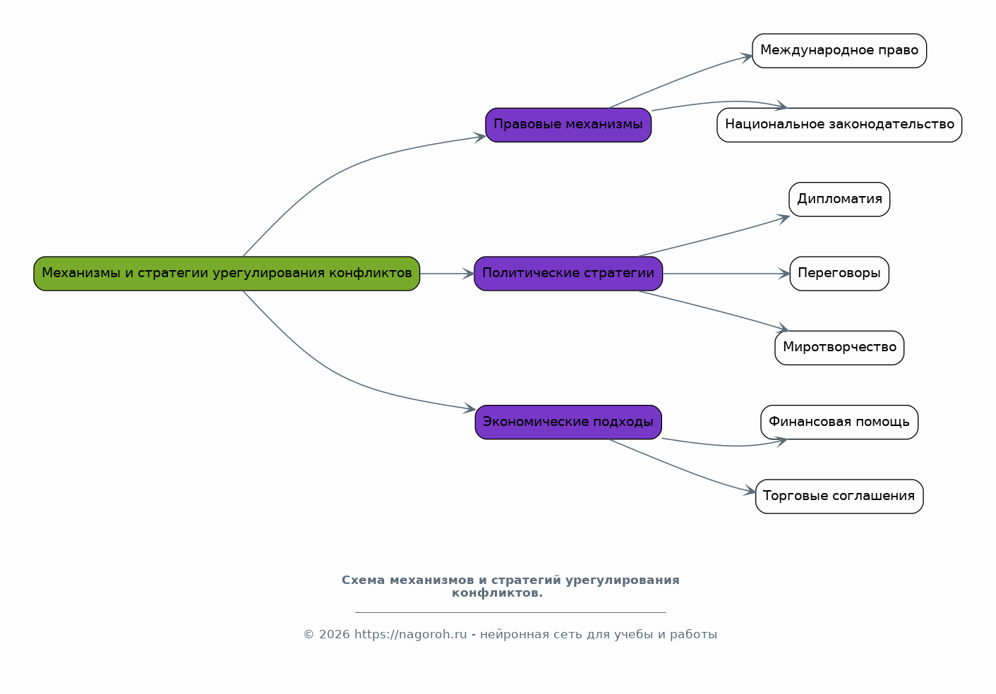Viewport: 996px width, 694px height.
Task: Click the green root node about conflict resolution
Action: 227,274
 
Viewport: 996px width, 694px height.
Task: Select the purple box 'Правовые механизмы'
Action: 568,125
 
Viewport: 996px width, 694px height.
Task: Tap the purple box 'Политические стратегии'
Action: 568,274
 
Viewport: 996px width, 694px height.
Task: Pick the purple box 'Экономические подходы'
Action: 568,422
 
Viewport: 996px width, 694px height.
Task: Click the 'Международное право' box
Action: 839,51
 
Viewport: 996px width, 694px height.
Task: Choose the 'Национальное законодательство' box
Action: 839,125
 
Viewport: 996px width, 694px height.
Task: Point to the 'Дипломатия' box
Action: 839,200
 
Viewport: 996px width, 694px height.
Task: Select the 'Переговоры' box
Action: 839,274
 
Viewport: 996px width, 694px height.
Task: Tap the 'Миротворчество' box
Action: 839,348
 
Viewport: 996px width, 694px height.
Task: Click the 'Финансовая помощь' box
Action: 839,422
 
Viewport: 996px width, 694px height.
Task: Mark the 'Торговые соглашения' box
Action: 839,497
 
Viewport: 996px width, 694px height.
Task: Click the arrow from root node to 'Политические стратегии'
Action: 447,274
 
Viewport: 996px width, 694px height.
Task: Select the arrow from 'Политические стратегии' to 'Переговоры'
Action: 726,274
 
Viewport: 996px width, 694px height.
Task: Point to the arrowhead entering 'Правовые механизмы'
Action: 480,138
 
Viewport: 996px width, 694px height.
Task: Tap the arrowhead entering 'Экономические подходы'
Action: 470,408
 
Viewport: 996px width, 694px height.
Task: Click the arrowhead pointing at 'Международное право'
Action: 747,57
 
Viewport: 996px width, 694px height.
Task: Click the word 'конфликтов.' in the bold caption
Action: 497,593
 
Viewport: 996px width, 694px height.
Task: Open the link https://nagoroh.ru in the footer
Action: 410,635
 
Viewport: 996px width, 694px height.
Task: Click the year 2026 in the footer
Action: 335,635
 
